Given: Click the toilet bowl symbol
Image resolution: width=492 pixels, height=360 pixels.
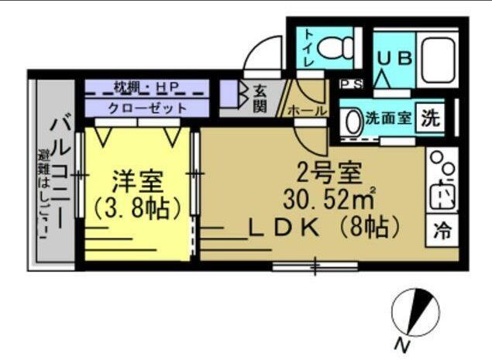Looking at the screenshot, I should click(335, 47).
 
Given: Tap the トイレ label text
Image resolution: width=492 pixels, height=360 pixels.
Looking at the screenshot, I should click(308, 48).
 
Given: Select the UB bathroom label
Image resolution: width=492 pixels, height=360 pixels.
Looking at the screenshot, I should click(394, 58).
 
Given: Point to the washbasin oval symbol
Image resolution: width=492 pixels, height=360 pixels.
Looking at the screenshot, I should click(353, 121).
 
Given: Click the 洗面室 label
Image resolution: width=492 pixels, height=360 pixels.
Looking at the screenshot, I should click(389, 119).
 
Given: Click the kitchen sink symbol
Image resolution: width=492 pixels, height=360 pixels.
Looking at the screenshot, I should click(442, 194).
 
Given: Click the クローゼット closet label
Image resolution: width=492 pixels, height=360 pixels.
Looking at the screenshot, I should click(146, 108).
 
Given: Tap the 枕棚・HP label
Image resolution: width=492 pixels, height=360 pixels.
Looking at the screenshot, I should click(146, 86).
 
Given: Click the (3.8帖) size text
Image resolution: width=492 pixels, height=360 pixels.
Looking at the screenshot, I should click(137, 210).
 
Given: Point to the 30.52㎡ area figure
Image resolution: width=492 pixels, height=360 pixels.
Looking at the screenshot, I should click(329, 200).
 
